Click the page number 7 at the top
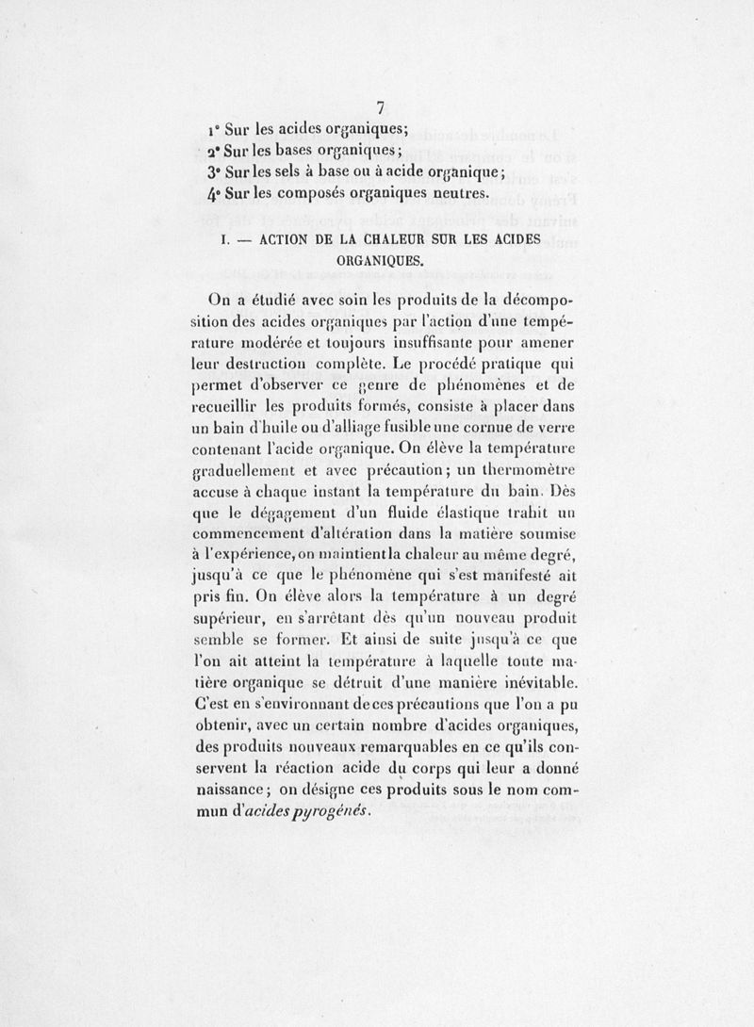(382, 106)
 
